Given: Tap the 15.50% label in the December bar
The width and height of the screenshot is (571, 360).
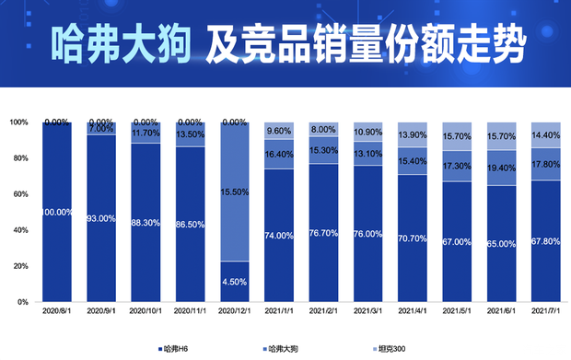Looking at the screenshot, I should [x=235, y=192].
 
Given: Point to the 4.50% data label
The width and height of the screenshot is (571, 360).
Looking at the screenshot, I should [x=235, y=282].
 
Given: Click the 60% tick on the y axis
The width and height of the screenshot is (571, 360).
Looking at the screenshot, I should [x=19, y=194].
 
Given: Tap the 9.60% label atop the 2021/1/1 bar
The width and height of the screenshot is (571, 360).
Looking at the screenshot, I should [x=279, y=131].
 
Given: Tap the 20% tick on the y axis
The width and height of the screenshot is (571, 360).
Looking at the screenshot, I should [x=19, y=266].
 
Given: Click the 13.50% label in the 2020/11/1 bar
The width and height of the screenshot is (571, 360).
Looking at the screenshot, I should [x=191, y=134].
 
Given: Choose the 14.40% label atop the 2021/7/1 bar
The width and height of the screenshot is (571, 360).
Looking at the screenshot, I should [x=546, y=134].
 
